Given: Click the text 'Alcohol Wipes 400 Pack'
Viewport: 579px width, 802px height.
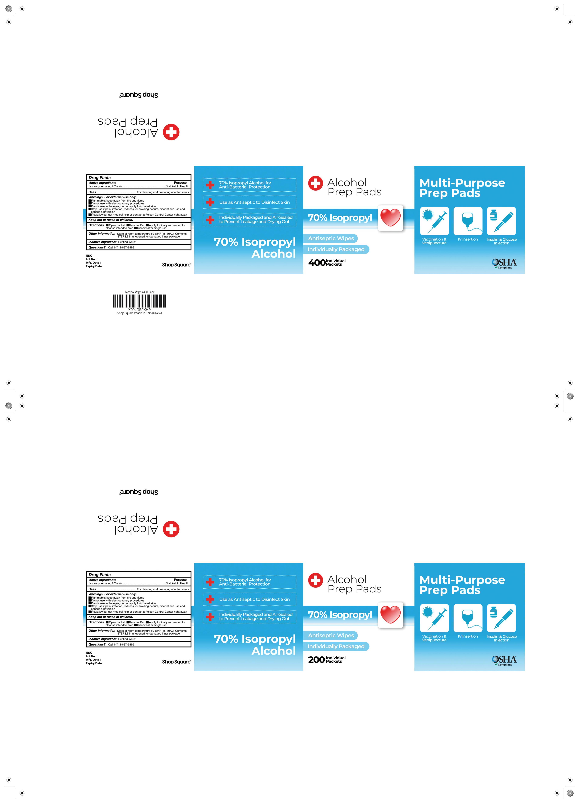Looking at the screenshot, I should pos(139,292).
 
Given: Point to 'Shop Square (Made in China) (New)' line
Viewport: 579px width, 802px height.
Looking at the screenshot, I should pos(139,313).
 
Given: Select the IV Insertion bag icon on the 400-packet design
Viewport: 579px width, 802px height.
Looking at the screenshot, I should pos(468,221).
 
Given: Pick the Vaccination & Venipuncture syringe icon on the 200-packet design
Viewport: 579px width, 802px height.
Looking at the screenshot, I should pos(434,618).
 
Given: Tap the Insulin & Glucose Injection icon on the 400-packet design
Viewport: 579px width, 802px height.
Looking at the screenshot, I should pos(501,221).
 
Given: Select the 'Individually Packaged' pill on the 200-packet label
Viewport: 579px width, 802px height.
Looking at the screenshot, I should pos(336,646).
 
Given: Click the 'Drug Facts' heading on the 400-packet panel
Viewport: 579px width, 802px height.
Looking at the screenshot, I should pos(100,178).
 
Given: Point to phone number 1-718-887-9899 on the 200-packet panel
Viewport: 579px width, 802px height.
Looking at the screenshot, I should pos(121,645).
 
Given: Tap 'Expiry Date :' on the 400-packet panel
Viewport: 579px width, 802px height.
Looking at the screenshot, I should pos(95,266).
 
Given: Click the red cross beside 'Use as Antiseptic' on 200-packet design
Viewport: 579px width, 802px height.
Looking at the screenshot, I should pos(210,599).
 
